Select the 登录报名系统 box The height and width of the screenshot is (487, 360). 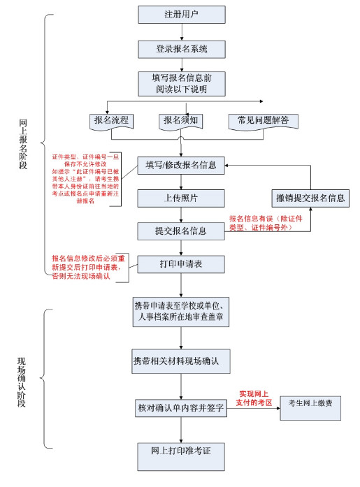pos(181,49)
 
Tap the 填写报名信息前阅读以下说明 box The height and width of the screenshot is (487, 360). pos(181,82)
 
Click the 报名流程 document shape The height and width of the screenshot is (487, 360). pos(111,121)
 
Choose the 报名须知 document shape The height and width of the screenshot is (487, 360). pos(181,121)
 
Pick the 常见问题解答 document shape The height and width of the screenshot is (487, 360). pos(263,121)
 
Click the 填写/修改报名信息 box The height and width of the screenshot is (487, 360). pos(181,166)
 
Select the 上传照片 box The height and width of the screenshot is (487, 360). pos(181,198)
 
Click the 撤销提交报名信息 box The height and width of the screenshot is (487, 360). pos(310,198)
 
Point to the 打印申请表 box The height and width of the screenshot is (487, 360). pos(181,264)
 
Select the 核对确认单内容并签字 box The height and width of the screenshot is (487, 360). pos(181,408)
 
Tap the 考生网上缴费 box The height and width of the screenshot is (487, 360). pos(310,403)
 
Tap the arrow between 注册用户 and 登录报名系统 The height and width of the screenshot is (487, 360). pos(181,32)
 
